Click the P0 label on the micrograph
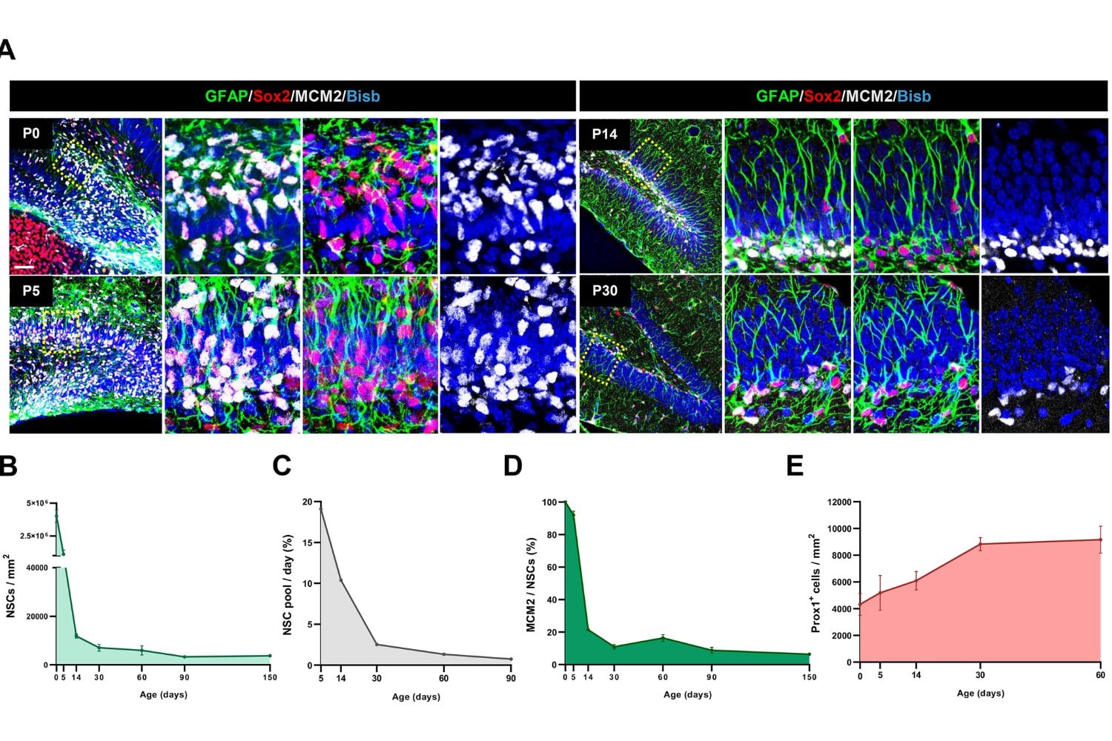click(30, 133)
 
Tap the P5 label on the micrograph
click(30, 290)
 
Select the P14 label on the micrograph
click(604, 134)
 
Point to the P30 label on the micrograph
click(604, 290)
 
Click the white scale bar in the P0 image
click(24, 265)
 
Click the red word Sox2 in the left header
click(271, 96)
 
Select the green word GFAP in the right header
click(777, 96)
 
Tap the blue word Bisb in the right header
click(913, 96)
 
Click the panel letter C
click(282, 465)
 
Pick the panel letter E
click(794, 465)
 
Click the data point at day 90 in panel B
click(185, 657)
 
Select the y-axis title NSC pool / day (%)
click(288, 585)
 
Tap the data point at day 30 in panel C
click(377, 645)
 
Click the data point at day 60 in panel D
click(663, 638)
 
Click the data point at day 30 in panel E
click(980, 544)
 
